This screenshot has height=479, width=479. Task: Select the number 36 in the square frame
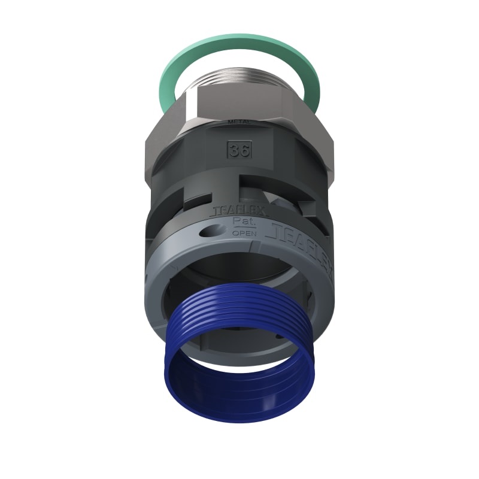[239, 150]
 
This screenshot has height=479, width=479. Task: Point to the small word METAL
[239, 123]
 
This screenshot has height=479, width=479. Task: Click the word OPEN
[242, 233]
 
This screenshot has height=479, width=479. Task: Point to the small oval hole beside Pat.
[213, 229]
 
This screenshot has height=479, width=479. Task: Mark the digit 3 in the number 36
[235, 150]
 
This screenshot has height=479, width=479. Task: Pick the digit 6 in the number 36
[244, 150]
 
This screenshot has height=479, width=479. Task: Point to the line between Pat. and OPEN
[242, 228]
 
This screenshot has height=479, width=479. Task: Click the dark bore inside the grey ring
[239, 269]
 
